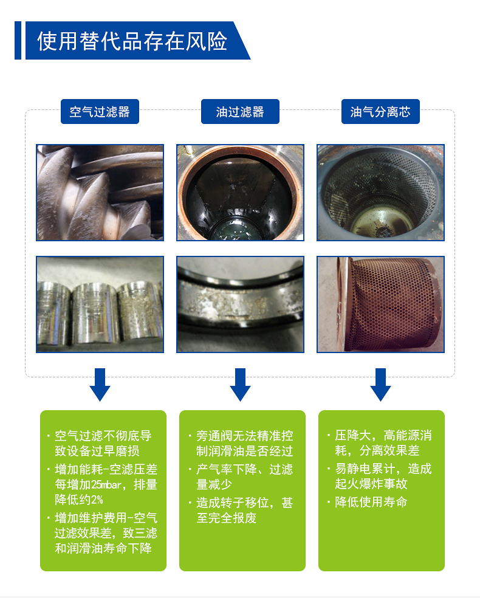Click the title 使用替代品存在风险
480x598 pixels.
[x=132, y=41]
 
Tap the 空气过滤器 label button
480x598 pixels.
[x=100, y=112]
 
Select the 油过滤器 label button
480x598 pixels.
[x=240, y=112]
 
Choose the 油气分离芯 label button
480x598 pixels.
[x=380, y=112]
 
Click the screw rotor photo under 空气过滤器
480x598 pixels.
[x=100, y=193]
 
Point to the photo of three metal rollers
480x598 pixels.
[x=100, y=304]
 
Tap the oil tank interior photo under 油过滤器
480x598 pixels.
[x=240, y=193]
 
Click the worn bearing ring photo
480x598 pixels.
[x=240, y=304]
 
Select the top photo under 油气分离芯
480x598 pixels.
[x=380, y=193]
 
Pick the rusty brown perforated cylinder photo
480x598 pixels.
[x=380, y=304]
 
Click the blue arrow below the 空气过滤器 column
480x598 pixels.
[x=100, y=385]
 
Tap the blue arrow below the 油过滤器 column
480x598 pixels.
[x=240, y=385]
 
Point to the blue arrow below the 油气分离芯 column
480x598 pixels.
[x=380, y=385]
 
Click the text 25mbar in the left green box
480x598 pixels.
[x=106, y=484]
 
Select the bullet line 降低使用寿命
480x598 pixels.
[x=371, y=502]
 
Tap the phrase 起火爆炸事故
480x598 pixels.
[x=371, y=484]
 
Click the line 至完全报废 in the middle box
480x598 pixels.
[x=227, y=518]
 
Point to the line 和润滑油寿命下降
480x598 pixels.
[x=103, y=548]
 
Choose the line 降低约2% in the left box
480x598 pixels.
[x=79, y=500]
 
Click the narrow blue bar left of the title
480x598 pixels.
[x=18, y=41]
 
